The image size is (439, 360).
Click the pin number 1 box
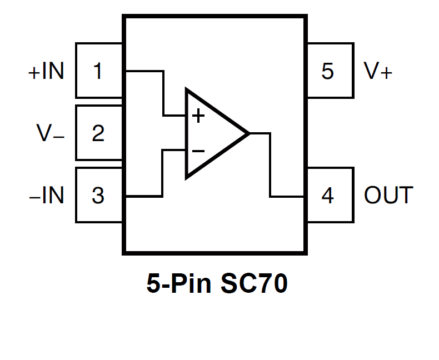tap(98, 71)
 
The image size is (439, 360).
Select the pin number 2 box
tap(98, 133)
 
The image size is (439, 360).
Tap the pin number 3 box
tap(98, 196)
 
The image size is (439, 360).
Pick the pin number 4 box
tap(330, 196)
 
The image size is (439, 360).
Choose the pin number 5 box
tap(330, 71)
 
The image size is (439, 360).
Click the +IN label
tap(46, 71)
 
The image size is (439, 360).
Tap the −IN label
tap(47, 196)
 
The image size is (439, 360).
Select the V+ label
tap(378, 71)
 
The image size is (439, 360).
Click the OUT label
tap(388, 196)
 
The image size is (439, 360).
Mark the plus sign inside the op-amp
tap(198, 116)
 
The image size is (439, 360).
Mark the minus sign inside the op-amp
tap(198, 151)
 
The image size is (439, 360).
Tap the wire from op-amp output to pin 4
tap(270, 167)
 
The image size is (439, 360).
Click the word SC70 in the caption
tap(254, 284)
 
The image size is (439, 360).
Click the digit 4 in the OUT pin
tap(328, 196)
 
